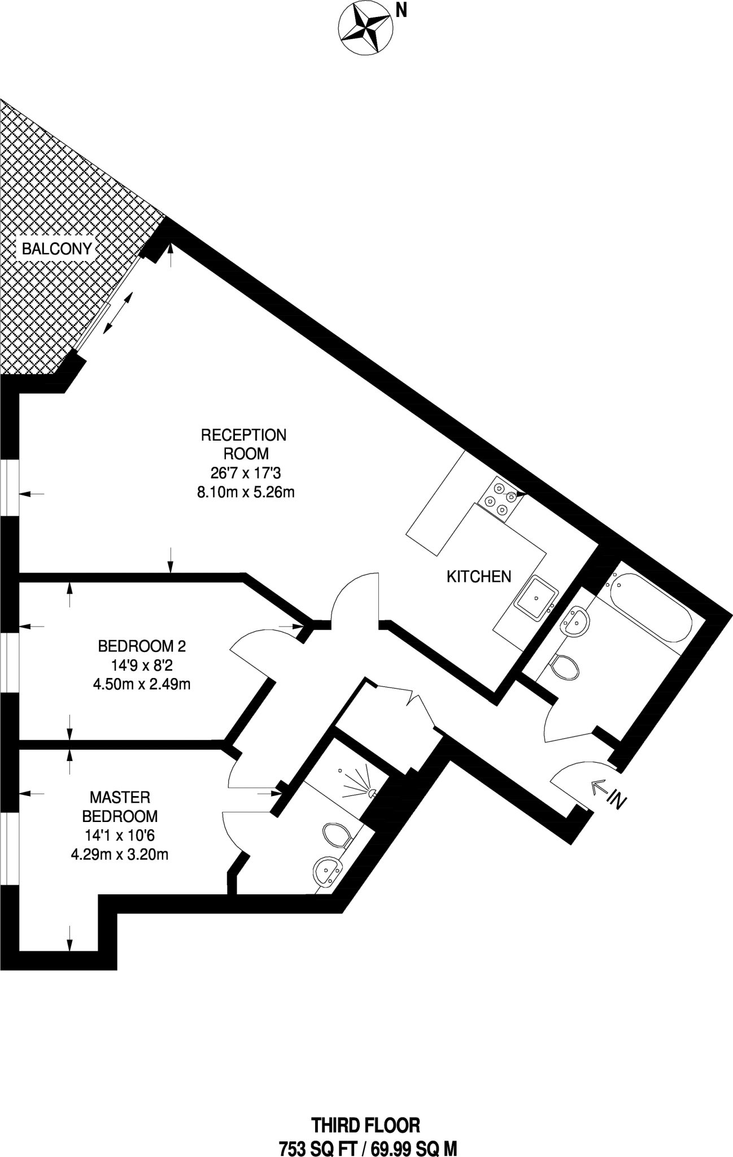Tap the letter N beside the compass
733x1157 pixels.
402,10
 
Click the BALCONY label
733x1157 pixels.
56,249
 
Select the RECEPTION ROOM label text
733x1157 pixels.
244,444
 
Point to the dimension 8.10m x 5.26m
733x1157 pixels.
246,492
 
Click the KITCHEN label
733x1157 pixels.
479,576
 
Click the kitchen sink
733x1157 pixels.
535,599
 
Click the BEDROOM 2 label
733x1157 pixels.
142,646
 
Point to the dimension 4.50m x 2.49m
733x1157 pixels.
142,684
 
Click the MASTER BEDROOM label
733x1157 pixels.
120,807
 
